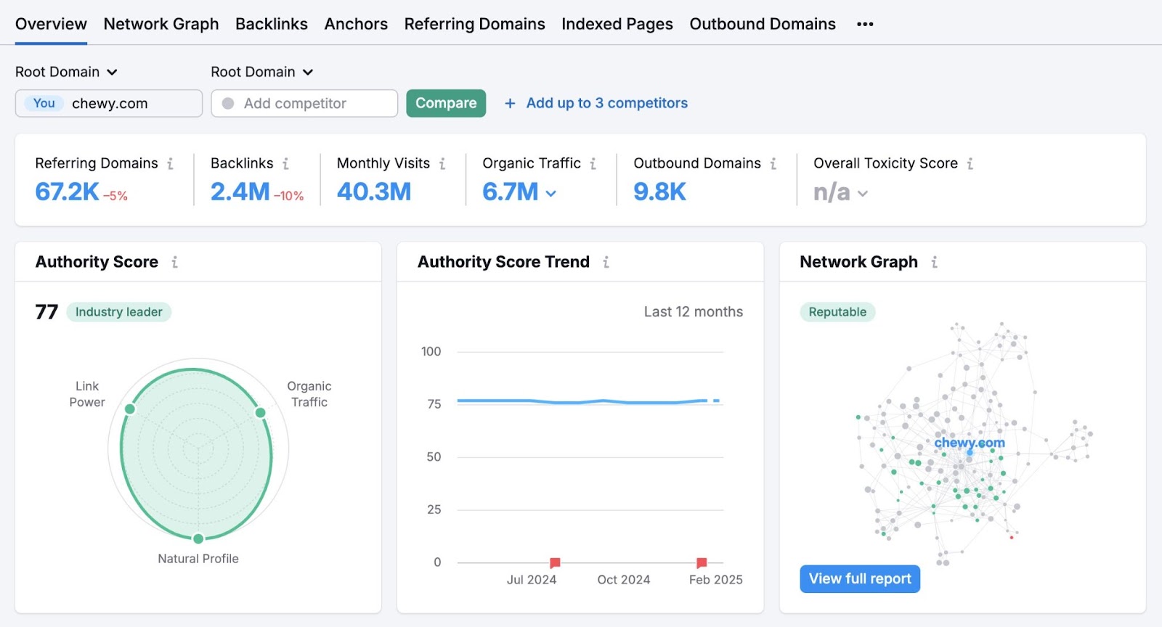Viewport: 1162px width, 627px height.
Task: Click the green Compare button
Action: point(446,103)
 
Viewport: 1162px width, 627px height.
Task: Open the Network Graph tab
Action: point(161,24)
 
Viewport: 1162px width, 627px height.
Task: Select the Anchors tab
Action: point(356,24)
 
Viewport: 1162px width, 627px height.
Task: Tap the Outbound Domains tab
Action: point(763,24)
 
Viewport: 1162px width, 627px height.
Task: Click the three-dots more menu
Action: point(865,24)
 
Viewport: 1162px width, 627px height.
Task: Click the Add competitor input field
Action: point(304,103)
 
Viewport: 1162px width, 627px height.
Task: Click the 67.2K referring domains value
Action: point(67,192)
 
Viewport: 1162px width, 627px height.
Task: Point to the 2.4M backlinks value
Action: point(240,192)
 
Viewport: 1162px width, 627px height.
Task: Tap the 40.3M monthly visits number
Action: point(374,192)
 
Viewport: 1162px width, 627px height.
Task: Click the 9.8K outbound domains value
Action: point(659,192)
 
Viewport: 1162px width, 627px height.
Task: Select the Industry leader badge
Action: point(119,312)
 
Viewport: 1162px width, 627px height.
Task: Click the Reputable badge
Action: point(837,312)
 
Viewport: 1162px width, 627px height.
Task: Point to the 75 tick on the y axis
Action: point(434,403)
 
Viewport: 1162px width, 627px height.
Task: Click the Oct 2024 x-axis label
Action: point(623,580)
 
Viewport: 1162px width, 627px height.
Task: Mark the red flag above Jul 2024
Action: point(555,562)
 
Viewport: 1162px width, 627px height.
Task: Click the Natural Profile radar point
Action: point(198,538)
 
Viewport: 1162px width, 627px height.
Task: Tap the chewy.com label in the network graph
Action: point(970,443)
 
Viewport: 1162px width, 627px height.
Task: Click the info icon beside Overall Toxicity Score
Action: point(970,164)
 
